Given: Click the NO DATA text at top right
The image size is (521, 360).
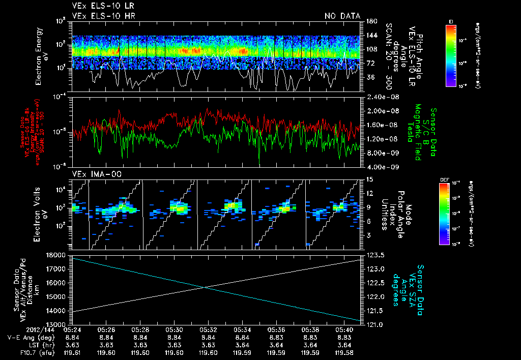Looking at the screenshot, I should [342, 16].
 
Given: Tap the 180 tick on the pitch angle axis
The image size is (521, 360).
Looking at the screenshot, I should [367, 21].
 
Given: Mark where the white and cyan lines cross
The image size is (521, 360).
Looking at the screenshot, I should [205, 288].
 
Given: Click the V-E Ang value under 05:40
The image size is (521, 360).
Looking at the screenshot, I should [345, 337].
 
